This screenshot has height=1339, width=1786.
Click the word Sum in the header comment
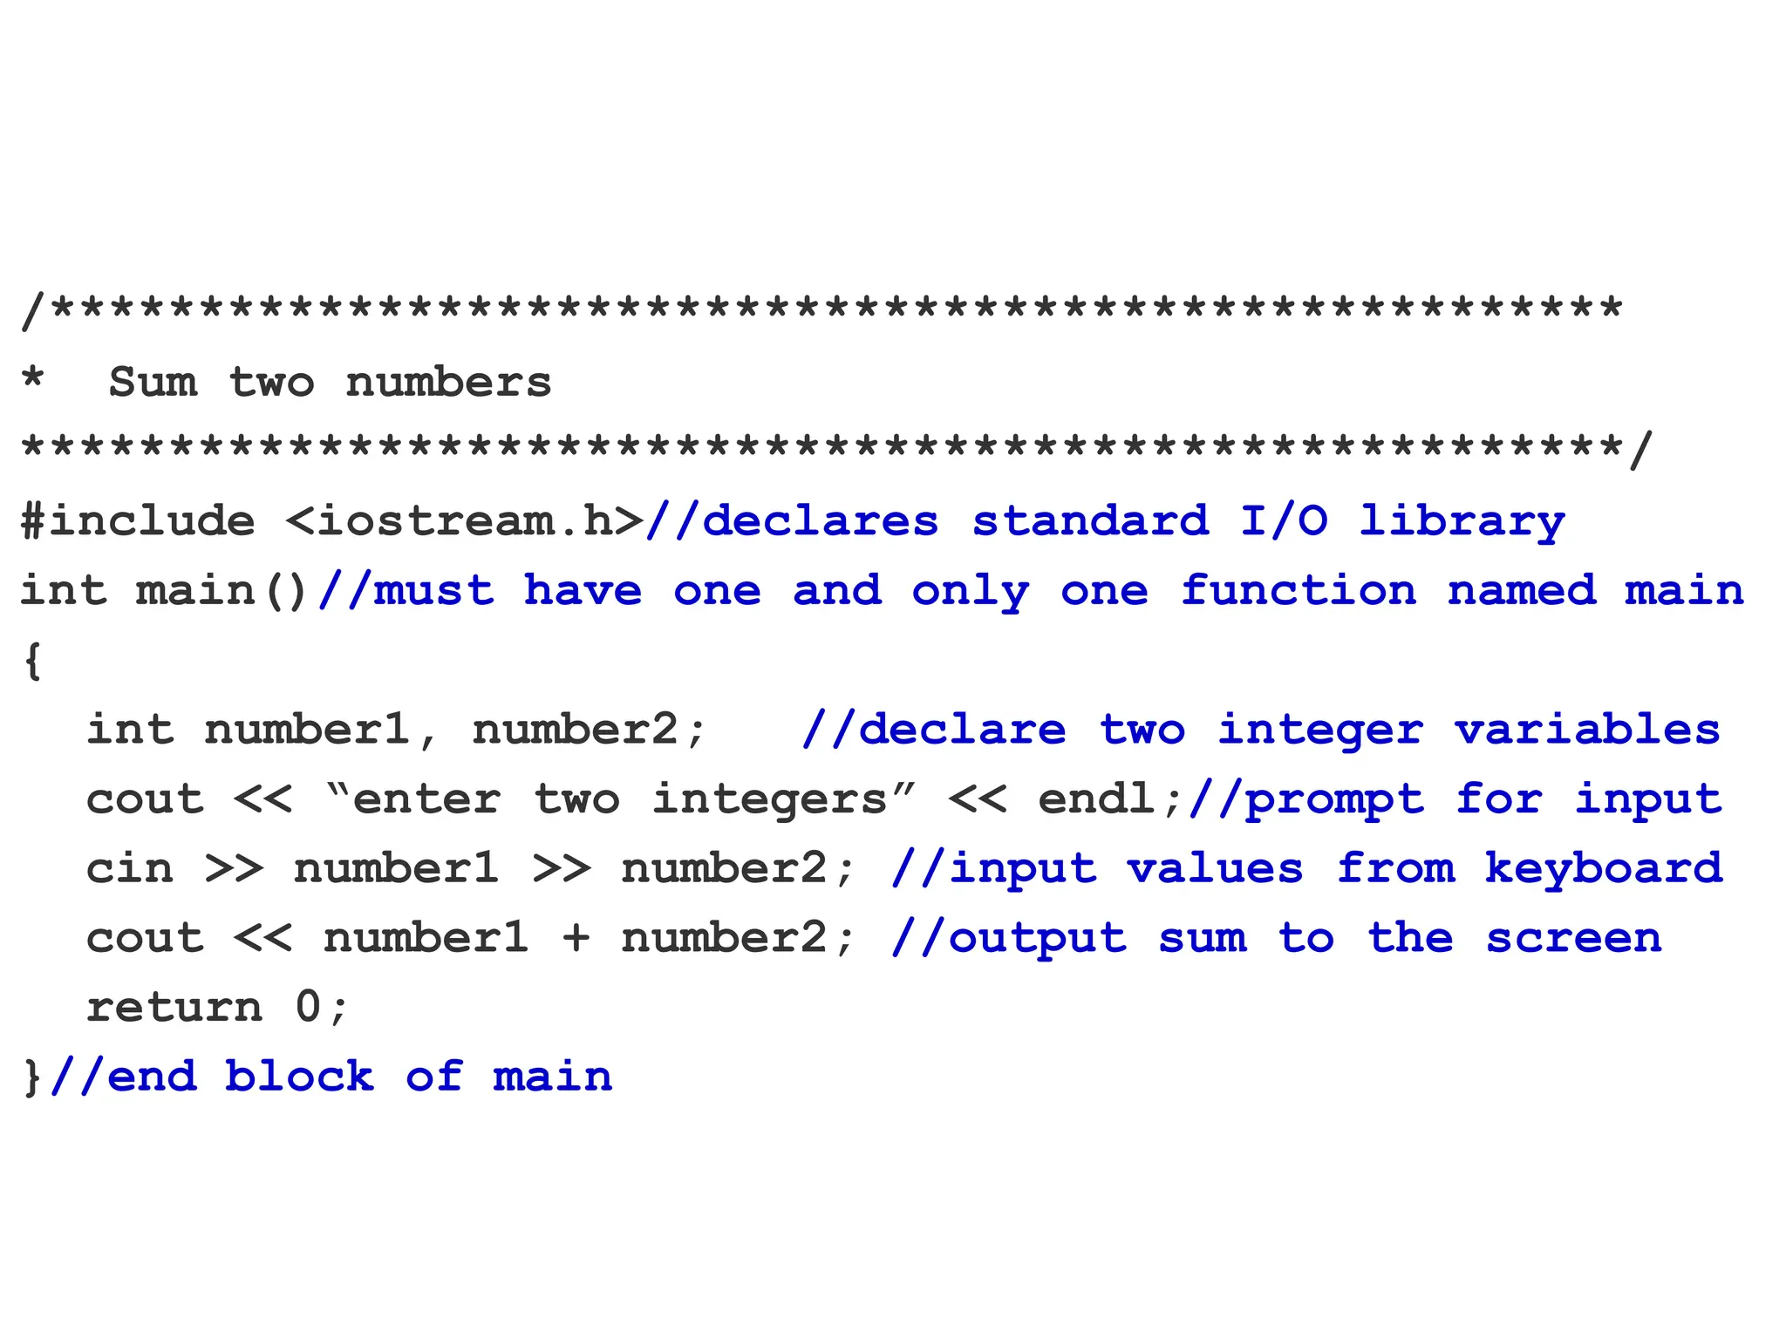[x=153, y=383]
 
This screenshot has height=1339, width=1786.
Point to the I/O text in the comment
[x=1284, y=521]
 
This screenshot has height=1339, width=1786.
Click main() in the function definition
[x=222, y=591]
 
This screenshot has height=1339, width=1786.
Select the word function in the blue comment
[x=1299, y=591]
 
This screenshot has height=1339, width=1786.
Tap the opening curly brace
[x=33, y=661]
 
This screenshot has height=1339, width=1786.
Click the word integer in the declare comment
[x=1320, y=731]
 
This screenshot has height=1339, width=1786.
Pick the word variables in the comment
[x=1587, y=731]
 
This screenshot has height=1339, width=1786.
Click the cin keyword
[x=130, y=869]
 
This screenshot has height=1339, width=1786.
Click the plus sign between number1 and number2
[x=576, y=939]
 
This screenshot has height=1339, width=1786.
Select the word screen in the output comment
[x=1574, y=939]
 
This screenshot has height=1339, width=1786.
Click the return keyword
[x=174, y=1009]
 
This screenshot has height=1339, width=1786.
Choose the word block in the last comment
[x=299, y=1077]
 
